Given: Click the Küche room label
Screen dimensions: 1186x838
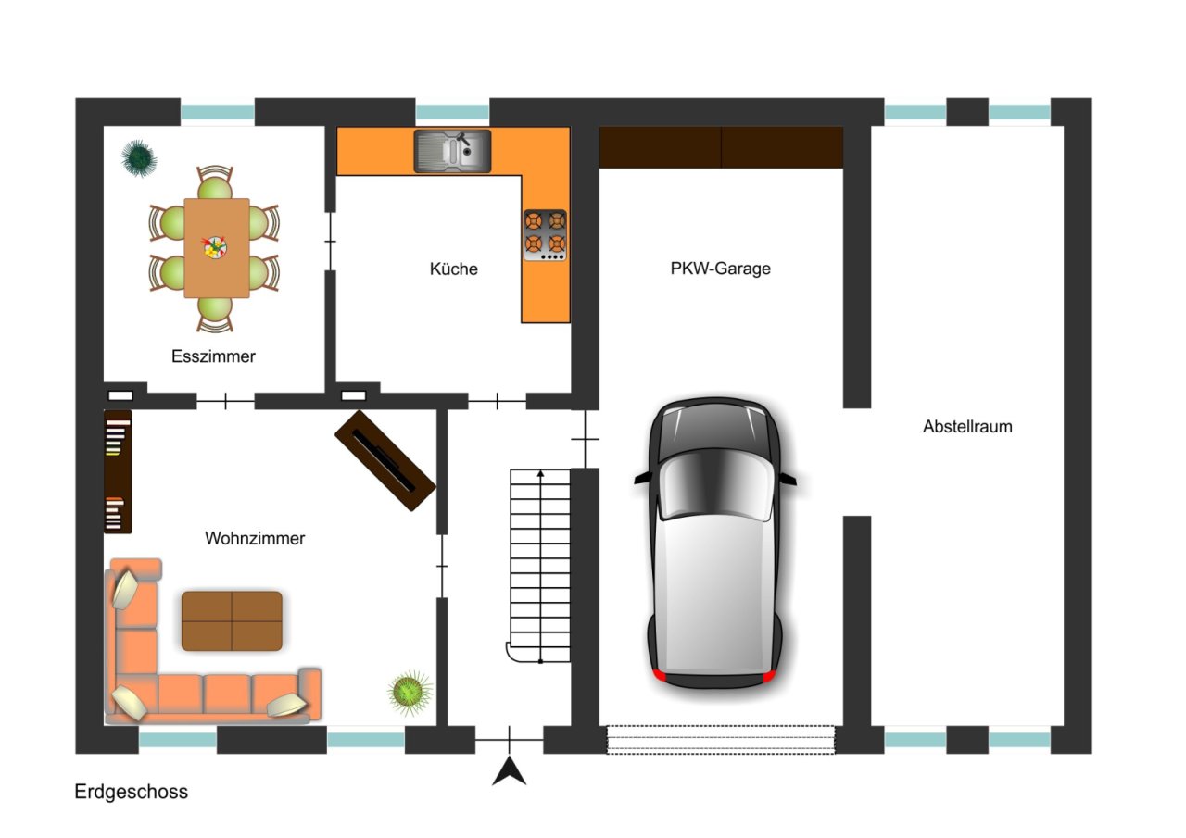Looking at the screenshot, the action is pos(454,269).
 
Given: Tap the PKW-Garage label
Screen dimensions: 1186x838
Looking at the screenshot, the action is pos(720,269).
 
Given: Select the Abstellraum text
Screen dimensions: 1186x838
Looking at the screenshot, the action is pos(967,426).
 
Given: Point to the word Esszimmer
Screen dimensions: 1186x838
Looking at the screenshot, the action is pos(213,356).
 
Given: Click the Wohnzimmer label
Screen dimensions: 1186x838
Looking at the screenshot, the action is pos(255,538).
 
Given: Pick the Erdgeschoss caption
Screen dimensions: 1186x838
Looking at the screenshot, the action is pos(132,792).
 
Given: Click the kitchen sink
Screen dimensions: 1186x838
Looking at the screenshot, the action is pos(452,151).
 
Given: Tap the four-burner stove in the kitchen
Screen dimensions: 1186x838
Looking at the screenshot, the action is pos(546,235).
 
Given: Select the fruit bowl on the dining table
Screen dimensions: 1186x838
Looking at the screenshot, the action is pos(215,246).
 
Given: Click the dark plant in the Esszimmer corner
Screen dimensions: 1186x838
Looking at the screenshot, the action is pos(139,157).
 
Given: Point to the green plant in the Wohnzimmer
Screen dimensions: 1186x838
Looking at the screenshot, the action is pos(410,692).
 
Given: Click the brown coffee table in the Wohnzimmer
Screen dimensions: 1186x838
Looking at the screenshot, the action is pos(232,620).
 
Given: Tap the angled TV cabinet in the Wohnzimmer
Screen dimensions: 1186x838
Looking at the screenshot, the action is pos(385,461).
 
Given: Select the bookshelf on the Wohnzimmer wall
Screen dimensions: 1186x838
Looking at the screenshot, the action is pos(118,471).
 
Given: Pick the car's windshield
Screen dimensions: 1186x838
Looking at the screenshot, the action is pos(716,485).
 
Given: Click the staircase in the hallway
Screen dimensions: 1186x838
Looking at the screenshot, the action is pos(539,566).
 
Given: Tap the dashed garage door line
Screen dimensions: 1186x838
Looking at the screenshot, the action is pos(720,740).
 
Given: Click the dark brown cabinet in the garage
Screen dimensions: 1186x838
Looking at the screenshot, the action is pos(721,147).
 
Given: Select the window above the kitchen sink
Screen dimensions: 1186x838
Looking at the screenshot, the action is pos(452,112).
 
